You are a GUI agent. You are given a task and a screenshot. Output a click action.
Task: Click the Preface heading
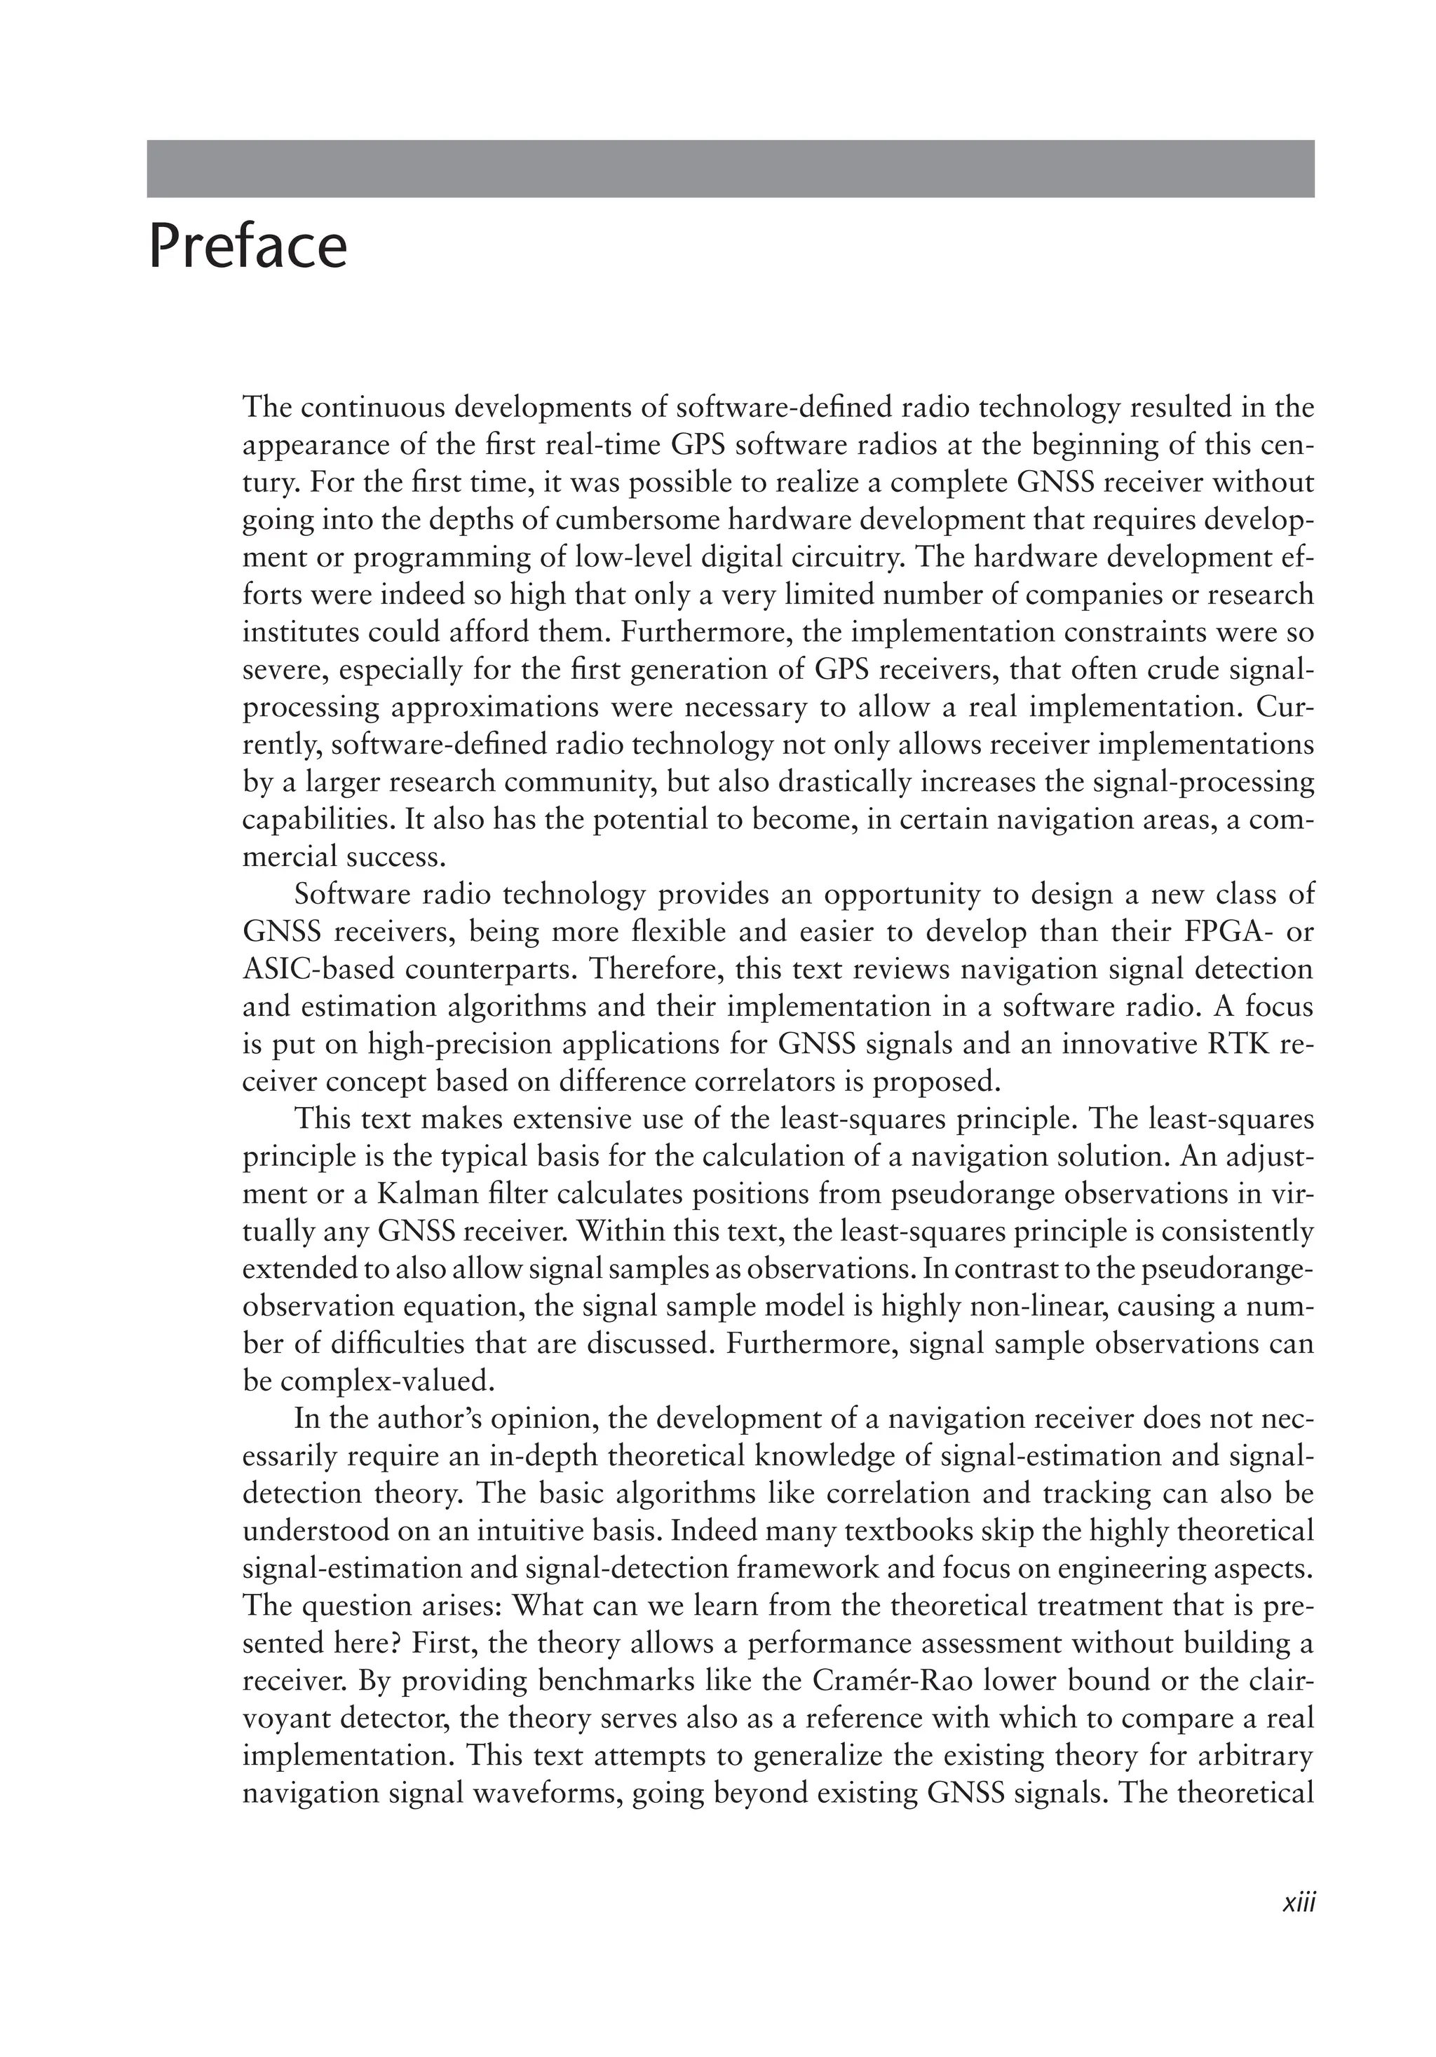(248, 247)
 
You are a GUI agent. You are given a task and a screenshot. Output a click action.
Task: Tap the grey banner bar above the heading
(730, 168)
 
